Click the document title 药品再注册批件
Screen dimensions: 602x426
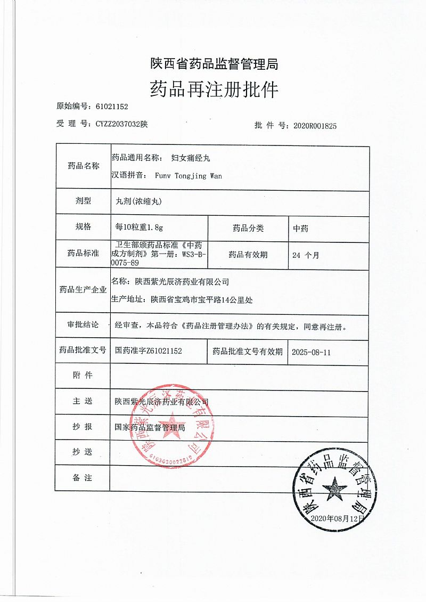tap(214, 88)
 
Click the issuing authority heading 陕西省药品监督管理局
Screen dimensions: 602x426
tap(214, 64)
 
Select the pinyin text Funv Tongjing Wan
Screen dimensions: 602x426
tap(188, 175)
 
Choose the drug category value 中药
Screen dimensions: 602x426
tap(300, 228)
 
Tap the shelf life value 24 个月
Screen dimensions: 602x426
tap(306, 255)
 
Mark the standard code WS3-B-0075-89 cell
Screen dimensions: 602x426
tap(159, 255)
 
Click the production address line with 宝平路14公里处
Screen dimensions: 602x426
tap(201, 300)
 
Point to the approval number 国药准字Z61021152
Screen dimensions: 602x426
tap(149, 351)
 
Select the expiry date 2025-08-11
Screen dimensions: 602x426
tap(312, 352)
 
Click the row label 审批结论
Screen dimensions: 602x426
tap(83, 325)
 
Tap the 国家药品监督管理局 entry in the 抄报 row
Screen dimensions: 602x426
tap(150, 427)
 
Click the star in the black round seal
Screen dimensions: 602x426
tap(334, 487)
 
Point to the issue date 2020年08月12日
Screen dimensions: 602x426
tap(338, 518)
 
